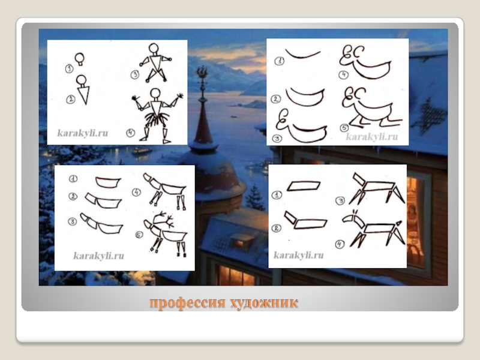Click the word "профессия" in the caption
[187, 303]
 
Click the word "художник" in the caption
[264, 303]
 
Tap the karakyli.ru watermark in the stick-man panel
[82, 133]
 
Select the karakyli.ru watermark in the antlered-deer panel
[98, 256]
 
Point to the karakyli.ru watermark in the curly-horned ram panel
[371, 136]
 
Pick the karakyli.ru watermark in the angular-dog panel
[298, 254]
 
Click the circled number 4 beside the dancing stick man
[131, 133]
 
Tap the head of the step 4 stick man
[155, 93]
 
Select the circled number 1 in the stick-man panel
[69, 68]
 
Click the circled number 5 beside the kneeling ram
[344, 128]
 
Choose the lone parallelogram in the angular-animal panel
[304, 186]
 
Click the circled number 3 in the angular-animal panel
[340, 200]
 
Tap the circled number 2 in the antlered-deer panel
[73, 196]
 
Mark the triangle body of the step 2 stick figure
[83, 95]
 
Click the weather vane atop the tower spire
[202, 76]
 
